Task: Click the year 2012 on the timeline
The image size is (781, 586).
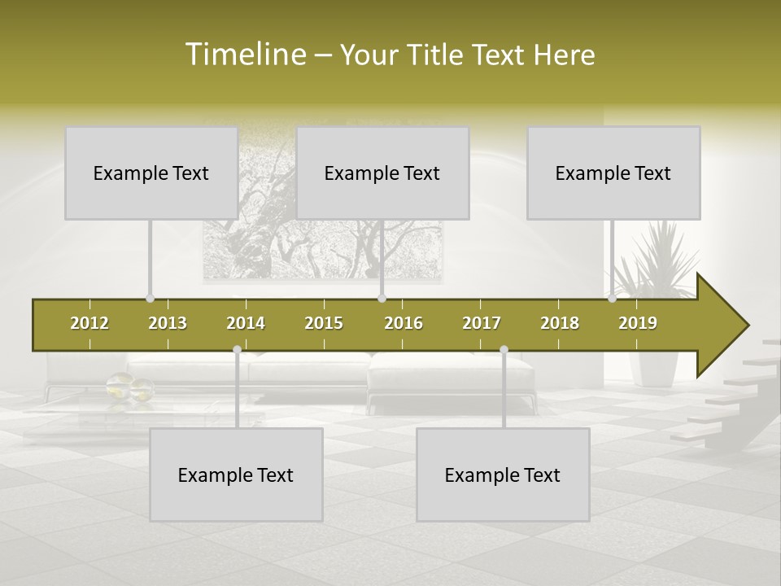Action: point(89,323)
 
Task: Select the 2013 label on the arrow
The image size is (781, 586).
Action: point(168,323)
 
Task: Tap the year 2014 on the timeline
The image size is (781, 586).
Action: point(246,323)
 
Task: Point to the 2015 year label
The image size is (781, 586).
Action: point(324,323)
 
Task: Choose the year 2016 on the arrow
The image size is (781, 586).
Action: point(404,323)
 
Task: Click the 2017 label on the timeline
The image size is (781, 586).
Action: point(482,323)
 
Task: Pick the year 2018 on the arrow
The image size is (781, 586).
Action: point(560,323)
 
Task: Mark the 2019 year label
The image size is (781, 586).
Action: point(638,323)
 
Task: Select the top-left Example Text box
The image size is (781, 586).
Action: point(151,173)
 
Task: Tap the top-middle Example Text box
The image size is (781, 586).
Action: point(382,173)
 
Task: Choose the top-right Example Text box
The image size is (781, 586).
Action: point(613,173)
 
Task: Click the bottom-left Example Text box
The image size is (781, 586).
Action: point(236,474)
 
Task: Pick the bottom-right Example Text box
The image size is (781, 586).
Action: point(503,474)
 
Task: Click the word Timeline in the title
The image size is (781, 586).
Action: point(244,55)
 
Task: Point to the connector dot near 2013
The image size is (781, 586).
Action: point(150,299)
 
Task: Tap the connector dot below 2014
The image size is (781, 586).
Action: point(237,350)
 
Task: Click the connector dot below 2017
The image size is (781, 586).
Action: point(504,350)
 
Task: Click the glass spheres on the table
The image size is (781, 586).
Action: point(130,387)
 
